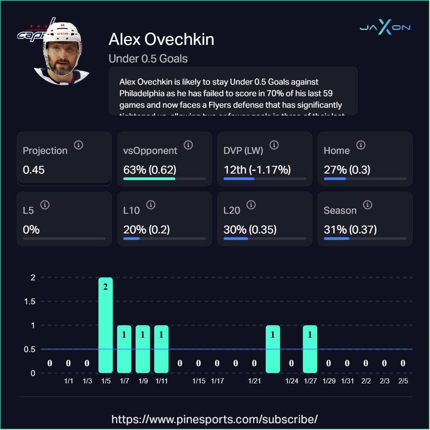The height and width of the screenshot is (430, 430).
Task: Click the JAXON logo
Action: pos(385,28)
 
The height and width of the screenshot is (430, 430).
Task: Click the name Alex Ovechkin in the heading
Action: pos(161,39)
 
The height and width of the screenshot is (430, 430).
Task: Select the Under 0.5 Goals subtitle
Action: pos(148,59)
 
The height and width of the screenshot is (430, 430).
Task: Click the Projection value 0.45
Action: pos(34,170)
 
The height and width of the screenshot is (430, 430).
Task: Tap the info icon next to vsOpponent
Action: pos(188,145)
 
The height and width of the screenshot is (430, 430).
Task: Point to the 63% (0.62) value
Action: pos(150,170)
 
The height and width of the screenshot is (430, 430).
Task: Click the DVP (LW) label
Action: pos(243,150)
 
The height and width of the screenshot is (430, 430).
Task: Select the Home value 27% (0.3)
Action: pos(347,170)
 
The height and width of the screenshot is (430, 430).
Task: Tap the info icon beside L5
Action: pos(45,205)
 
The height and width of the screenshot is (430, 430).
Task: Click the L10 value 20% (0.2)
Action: pos(147,230)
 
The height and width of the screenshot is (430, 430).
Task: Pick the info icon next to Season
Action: pos(367,205)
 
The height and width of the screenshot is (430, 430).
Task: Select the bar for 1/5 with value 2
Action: pos(106,325)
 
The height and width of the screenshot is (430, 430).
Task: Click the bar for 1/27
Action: pos(310,349)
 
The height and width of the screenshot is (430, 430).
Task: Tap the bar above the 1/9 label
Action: pos(143,349)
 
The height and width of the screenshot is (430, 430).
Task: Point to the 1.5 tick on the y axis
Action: pos(29,301)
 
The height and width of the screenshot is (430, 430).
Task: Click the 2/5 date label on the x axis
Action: pos(403,381)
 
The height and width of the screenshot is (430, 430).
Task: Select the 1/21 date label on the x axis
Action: pos(254,381)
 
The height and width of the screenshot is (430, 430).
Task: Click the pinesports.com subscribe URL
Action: pos(215,418)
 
